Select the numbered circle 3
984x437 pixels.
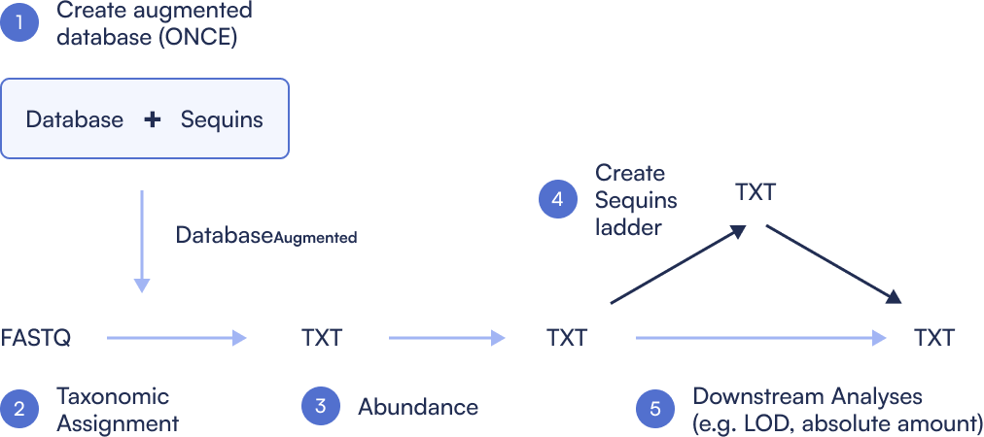point(321,407)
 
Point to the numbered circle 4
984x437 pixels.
point(558,200)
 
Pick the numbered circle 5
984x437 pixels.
point(655,409)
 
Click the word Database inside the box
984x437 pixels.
point(75,120)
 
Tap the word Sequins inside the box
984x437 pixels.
point(222,120)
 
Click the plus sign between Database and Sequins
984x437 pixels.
point(152,119)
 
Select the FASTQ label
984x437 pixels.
point(36,338)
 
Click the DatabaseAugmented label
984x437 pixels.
point(265,235)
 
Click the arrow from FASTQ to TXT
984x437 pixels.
point(176,338)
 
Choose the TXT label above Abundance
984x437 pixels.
point(322,338)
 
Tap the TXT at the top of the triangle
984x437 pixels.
point(756,191)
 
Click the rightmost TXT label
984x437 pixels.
point(934,338)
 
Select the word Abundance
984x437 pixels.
point(418,407)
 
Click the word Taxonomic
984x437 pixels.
point(113,396)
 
